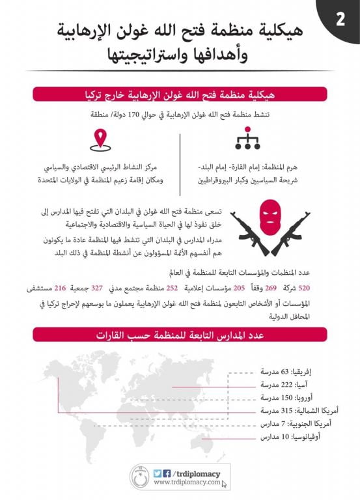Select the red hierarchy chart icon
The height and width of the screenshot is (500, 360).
(247, 137)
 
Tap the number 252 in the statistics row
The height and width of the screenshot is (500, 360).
(173, 288)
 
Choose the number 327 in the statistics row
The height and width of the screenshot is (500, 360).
(97, 288)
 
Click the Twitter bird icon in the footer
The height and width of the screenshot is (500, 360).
(157, 473)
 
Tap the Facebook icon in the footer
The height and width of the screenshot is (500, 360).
(167, 473)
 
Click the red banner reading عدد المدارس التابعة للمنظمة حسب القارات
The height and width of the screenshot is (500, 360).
(180, 335)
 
